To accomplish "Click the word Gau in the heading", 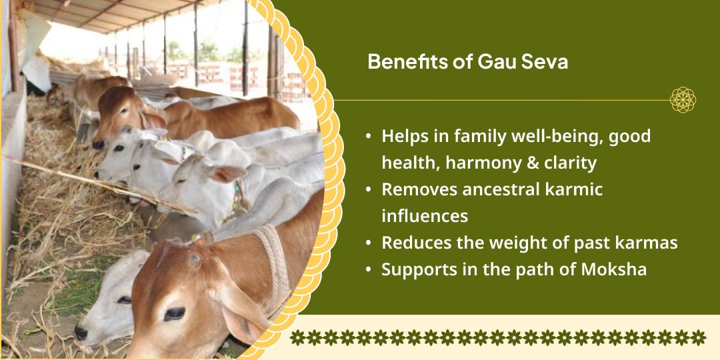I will [493, 62].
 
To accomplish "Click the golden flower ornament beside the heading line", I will [683, 100].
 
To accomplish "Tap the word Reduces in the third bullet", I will [413, 243].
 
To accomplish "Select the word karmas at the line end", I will [647, 243].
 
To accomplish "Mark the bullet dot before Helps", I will [369, 137].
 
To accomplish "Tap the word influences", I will [425, 216].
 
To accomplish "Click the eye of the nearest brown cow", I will [175, 313].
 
